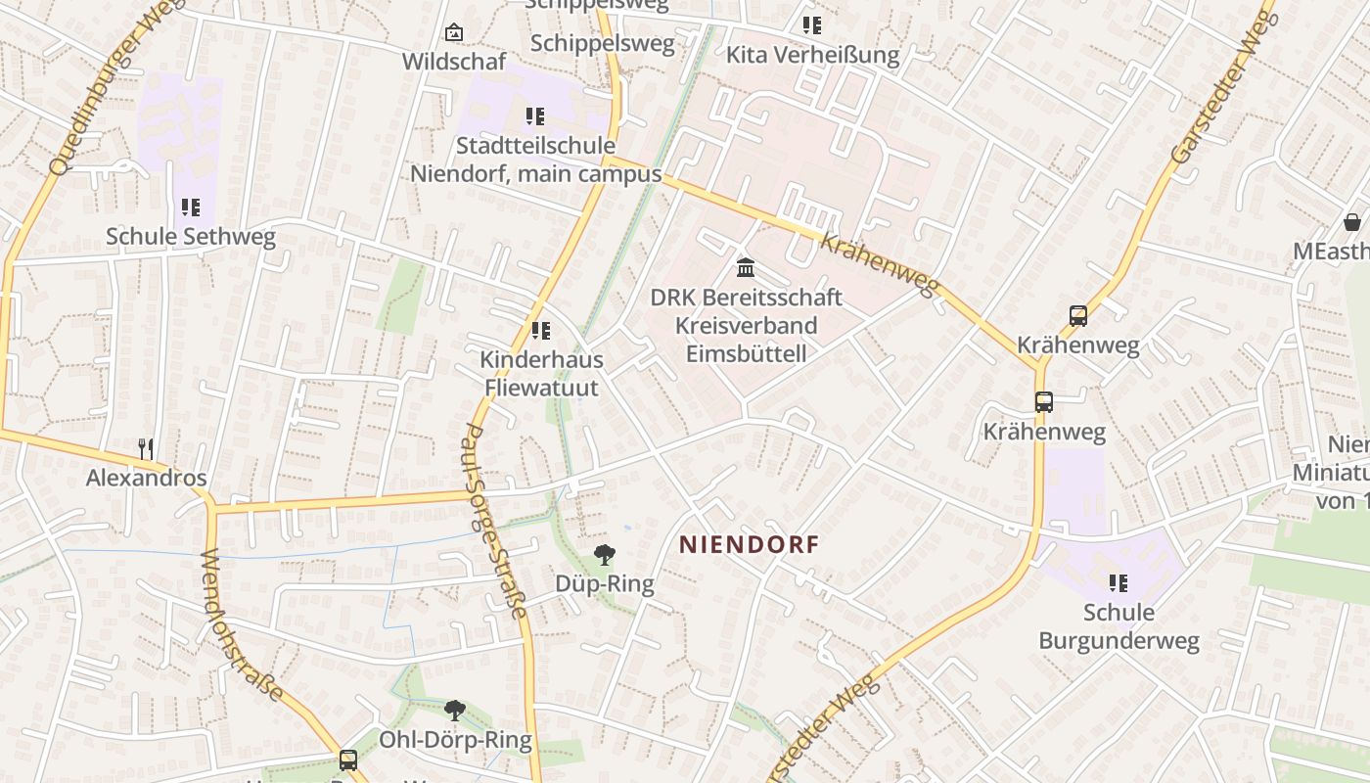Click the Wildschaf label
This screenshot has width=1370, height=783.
[x=454, y=62]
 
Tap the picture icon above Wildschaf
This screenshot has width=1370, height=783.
[x=453, y=33]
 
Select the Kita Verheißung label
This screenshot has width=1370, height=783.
[x=812, y=55]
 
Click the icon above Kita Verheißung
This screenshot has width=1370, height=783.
[x=811, y=25]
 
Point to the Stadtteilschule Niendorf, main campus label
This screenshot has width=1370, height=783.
[x=535, y=160]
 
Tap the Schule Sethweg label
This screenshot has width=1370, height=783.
[x=191, y=236]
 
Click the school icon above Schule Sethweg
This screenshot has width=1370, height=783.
[x=190, y=207]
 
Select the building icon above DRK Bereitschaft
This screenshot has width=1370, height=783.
[x=746, y=267]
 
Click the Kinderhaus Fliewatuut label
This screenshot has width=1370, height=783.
[x=541, y=373]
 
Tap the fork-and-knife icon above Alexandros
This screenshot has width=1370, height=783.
[x=146, y=449]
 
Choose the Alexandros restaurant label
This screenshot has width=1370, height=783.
[x=147, y=478]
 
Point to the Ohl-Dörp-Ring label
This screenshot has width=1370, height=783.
[x=455, y=740]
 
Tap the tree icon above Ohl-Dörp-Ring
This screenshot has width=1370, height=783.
[x=454, y=711]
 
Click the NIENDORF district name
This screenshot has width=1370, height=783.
[x=749, y=545]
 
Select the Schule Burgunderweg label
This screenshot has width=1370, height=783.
[x=1119, y=626]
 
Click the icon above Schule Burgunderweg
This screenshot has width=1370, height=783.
[x=1118, y=584]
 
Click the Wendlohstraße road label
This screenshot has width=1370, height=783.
[x=244, y=626]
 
